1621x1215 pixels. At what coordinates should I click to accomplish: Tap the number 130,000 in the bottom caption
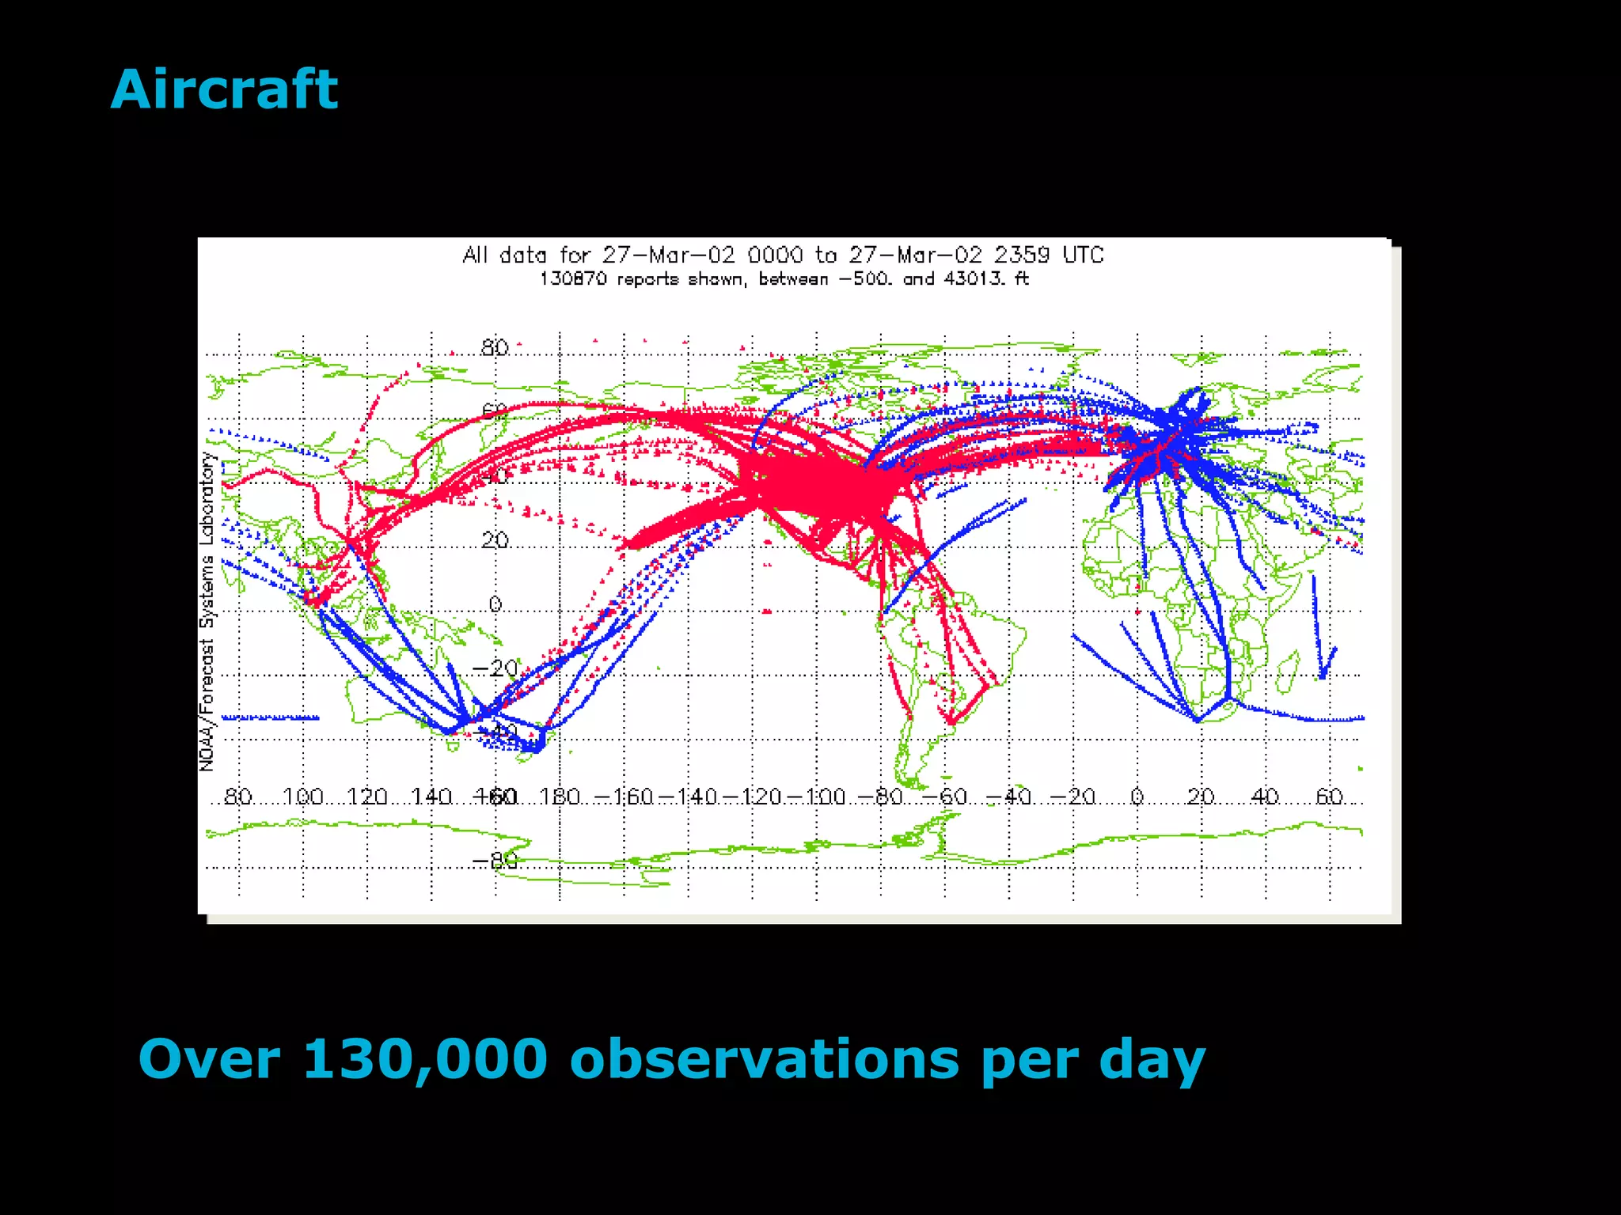pos(425,1059)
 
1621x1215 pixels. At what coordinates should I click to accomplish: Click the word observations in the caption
pos(764,1059)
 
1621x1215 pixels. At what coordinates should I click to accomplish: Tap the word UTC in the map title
pos(1082,255)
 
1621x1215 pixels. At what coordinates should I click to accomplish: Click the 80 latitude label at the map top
pos(495,347)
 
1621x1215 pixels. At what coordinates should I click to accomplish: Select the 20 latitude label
pos(495,540)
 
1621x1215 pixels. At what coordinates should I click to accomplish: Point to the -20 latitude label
pos(495,668)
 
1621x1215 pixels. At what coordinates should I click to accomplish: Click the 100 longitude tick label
pos(302,797)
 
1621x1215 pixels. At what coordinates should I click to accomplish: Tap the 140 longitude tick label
pos(431,797)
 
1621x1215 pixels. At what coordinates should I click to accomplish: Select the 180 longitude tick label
pos(560,797)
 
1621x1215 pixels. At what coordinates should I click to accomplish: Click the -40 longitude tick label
pos(1008,797)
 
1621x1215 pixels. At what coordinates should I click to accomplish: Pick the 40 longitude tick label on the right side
pos(1265,797)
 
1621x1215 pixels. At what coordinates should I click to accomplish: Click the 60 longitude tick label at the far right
pos(1329,797)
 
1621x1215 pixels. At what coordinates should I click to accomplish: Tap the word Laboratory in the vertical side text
pos(207,499)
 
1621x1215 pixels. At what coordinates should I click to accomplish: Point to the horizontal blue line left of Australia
pos(270,717)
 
